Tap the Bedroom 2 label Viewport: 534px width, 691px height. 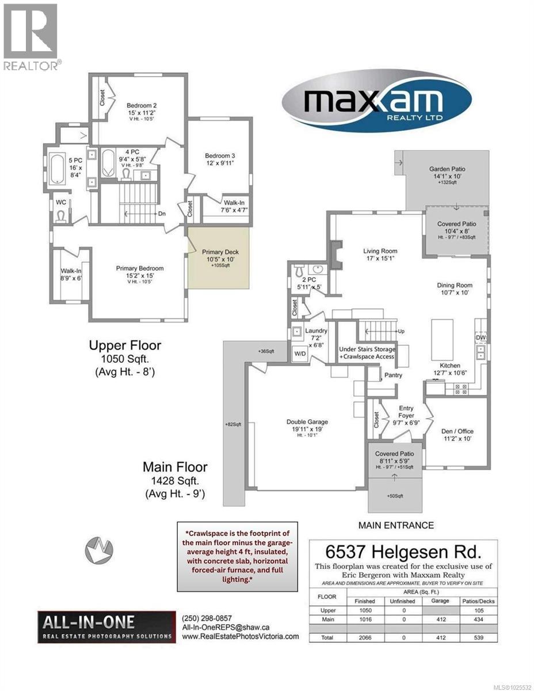[142, 106]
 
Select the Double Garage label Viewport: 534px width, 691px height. [302, 422]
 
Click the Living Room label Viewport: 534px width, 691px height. [380, 251]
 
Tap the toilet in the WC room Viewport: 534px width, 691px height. [61, 216]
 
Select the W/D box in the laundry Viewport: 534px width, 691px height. [300, 354]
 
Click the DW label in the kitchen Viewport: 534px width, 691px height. [480, 338]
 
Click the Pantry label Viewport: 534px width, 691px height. [393, 375]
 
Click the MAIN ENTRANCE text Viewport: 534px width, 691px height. [396, 525]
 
